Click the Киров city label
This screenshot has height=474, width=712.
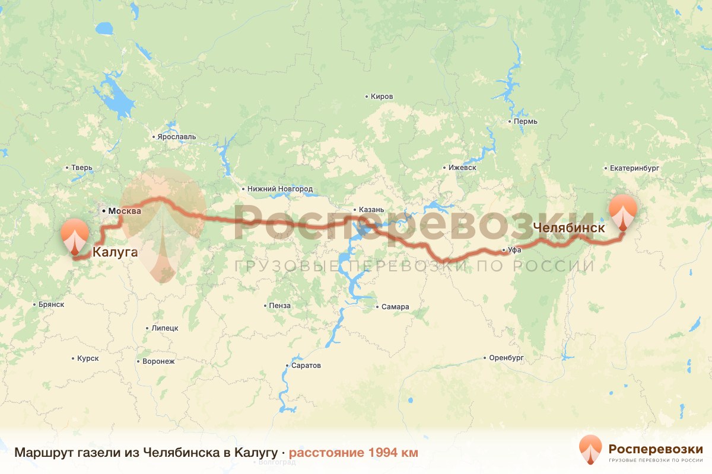(x=382, y=97)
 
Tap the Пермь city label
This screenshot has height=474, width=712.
(x=526, y=121)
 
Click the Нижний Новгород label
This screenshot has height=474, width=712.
(x=280, y=189)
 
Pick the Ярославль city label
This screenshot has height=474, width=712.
(x=176, y=137)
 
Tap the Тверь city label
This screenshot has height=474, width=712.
(x=82, y=168)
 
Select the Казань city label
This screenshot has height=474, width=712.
(x=372, y=210)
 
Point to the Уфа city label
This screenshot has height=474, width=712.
(x=514, y=250)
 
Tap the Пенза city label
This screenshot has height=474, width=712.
(x=279, y=306)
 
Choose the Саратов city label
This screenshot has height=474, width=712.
(x=306, y=366)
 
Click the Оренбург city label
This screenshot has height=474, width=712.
(x=506, y=358)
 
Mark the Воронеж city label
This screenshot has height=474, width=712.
(x=158, y=361)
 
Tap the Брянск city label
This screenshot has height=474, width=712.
(x=50, y=305)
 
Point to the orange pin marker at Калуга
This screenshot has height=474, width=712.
(x=75, y=236)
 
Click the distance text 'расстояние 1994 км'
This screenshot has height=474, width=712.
(x=353, y=453)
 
